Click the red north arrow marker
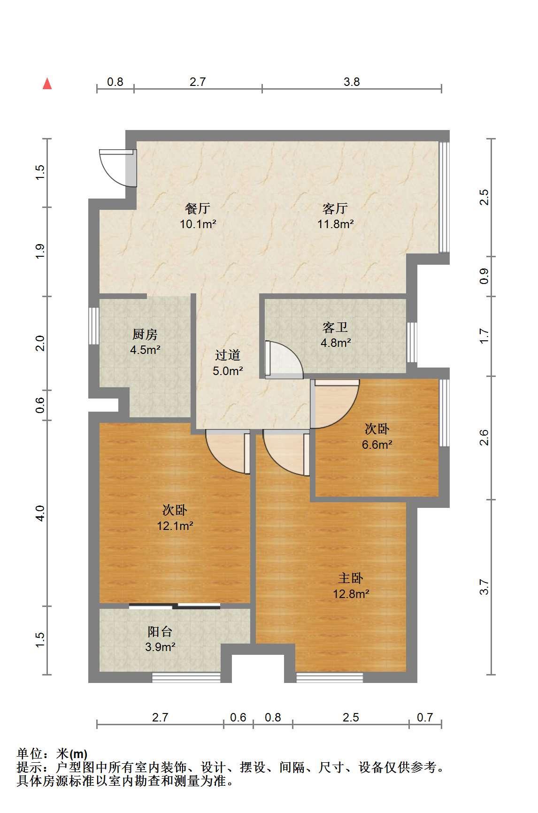pyautogui.click(x=47, y=84)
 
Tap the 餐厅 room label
pyautogui.click(x=198, y=208)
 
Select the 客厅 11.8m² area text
pyautogui.click(x=335, y=224)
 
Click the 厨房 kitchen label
pyautogui.click(x=145, y=335)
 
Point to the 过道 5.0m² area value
pyautogui.click(x=228, y=371)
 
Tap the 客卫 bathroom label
pyautogui.click(x=335, y=327)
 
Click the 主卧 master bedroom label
pyautogui.click(x=351, y=578)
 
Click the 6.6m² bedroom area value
pyautogui.click(x=377, y=445)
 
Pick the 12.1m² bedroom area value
pyautogui.click(x=175, y=526)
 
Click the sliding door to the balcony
pyautogui.click(x=175, y=605)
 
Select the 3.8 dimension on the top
pyautogui.click(x=352, y=82)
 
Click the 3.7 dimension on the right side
pyautogui.click(x=484, y=587)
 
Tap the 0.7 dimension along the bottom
pyautogui.click(x=425, y=717)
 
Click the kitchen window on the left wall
pyautogui.click(x=94, y=326)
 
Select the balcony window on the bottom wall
pyautogui.click(x=186, y=677)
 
